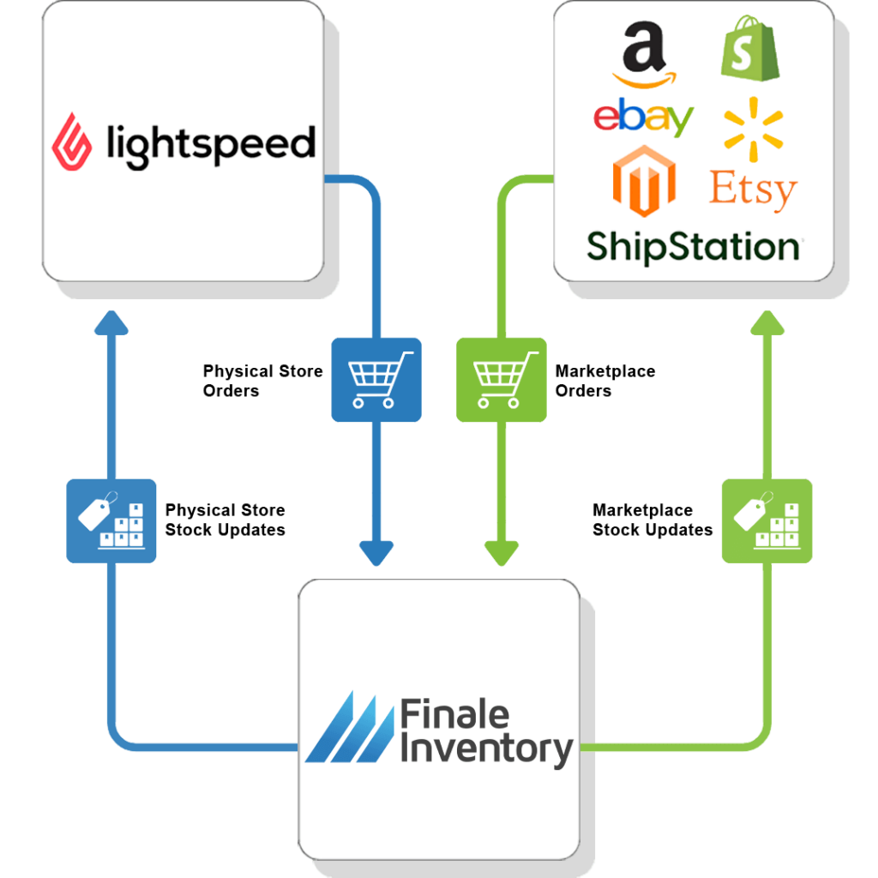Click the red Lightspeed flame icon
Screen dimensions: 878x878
pos(72,144)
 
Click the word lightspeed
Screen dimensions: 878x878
pos(210,144)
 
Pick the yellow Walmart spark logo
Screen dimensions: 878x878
pos(753,129)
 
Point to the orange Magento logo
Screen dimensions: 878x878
pos(644,181)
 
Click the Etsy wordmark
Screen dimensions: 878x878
pos(752,189)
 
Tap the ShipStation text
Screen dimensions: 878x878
pos(693,246)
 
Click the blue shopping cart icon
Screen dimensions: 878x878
pos(376,379)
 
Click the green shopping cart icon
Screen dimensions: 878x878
pos(500,379)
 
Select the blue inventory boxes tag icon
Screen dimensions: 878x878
pos(111,520)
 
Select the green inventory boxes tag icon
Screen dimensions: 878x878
pos(767,520)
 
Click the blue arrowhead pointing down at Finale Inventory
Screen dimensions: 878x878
pos(376,553)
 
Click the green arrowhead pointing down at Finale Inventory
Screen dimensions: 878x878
pos(502,553)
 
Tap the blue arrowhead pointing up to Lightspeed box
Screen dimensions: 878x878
pos(111,322)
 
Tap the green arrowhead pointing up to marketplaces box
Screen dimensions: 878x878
pos(767,322)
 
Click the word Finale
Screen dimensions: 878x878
pos(454,715)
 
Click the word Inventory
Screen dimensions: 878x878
pos(486,749)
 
